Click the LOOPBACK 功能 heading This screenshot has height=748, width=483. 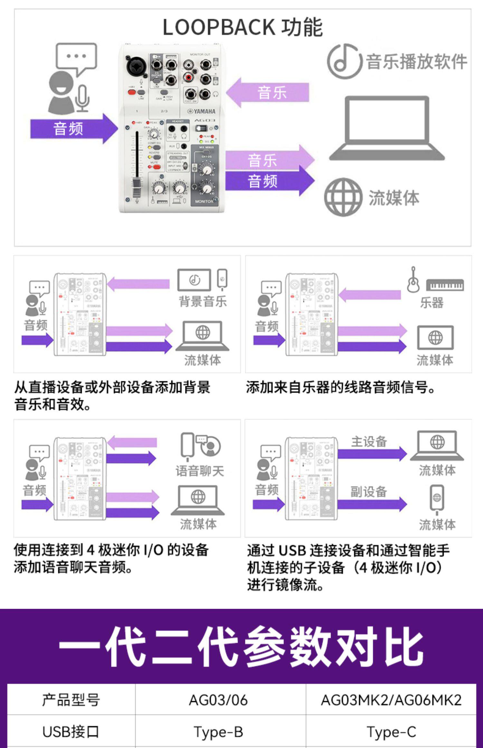click(x=242, y=27)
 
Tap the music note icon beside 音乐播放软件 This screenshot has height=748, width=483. click(x=342, y=61)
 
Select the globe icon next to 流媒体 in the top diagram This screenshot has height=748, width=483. click(x=343, y=197)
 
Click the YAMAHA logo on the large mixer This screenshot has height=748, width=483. click(x=202, y=111)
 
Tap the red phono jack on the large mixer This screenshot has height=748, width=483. click(x=188, y=77)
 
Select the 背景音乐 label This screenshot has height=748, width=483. click(x=203, y=302)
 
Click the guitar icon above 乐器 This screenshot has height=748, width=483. click(x=413, y=280)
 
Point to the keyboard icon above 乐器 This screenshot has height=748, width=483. click(x=445, y=285)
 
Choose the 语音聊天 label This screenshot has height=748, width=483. click(x=200, y=471)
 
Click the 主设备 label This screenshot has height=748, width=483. click(x=369, y=442)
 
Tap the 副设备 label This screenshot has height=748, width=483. click(x=368, y=492)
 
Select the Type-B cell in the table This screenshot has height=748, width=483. click(x=218, y=732)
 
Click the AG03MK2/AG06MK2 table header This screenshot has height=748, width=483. click(x=391, y=700)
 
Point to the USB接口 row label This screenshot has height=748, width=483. click(x=71, y=732)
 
